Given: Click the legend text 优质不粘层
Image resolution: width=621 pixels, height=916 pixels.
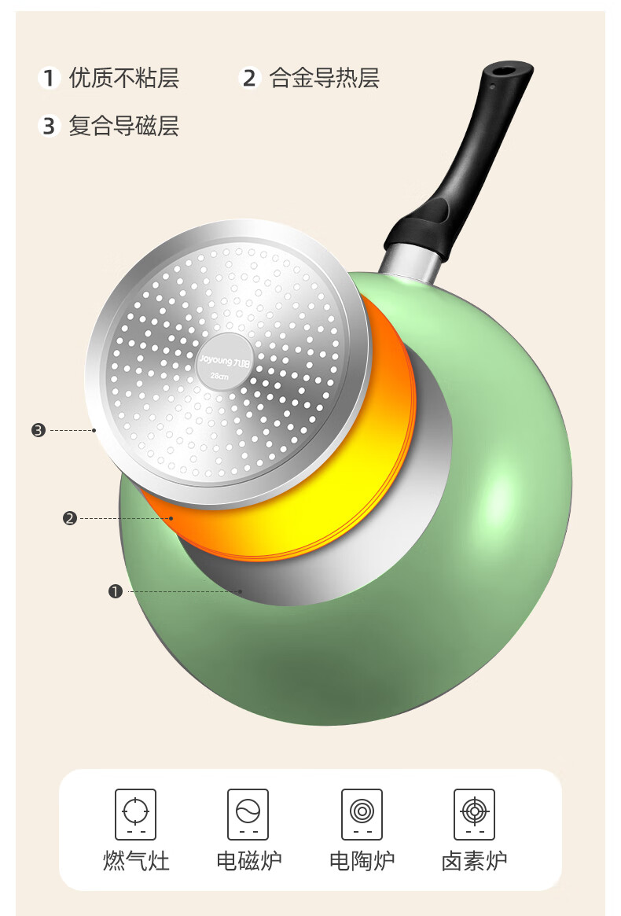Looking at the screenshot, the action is pos(124,78).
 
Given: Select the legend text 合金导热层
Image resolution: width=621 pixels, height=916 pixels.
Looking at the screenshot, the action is pos(324,78).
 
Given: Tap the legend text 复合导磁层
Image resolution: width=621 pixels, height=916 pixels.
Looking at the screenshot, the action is pos(124,126).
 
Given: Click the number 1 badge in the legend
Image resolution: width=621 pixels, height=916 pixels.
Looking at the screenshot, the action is pos(49,78).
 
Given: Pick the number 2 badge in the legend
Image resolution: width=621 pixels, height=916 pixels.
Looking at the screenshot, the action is pos(249,78).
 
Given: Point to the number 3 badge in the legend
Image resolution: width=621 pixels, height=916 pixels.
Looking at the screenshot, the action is pos(49,126).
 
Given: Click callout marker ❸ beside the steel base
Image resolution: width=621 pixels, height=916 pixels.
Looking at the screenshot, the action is pos(39,431).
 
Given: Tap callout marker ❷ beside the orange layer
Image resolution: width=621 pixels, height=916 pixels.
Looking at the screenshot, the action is pos(70,518).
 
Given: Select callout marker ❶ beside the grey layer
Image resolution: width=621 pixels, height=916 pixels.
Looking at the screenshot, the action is pos(115,592).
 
